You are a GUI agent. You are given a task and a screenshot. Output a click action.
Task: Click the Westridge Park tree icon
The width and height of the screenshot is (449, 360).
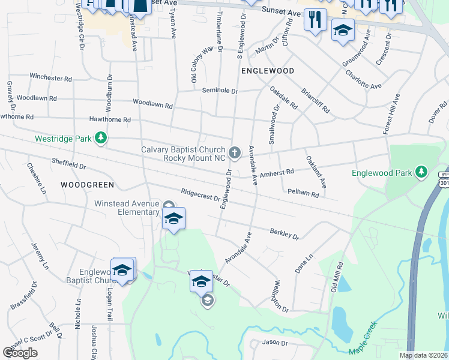[101, 139]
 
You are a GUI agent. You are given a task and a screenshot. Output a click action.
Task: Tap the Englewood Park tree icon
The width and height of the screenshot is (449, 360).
[422, 173]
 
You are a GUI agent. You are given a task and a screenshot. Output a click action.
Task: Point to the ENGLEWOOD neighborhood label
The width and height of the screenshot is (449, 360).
[268, 71]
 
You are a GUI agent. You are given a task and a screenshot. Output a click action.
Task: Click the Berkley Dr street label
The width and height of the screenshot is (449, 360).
[284, 233]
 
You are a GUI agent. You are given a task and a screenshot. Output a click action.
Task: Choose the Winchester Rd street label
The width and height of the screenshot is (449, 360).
[51, 78]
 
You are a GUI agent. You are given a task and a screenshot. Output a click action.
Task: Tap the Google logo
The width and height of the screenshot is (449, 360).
[20, 352]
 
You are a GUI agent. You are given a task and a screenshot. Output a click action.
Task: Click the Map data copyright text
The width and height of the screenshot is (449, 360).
[423, 355]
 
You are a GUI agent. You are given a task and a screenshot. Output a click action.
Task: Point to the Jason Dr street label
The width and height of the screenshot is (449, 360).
[275, 343]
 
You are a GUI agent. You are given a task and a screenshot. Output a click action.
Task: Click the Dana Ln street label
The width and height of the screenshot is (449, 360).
[304, 264]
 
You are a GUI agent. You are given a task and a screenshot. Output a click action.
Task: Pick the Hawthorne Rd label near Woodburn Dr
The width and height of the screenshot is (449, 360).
[110, 120]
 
